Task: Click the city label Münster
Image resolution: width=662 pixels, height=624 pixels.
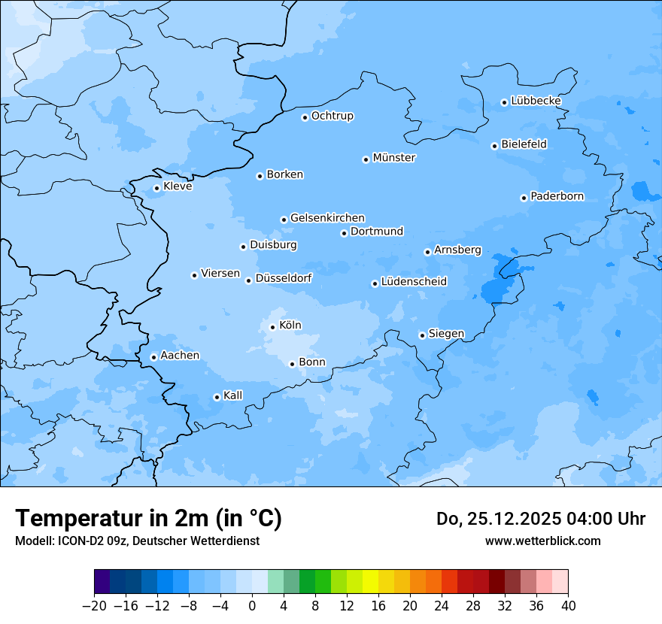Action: [394, 158]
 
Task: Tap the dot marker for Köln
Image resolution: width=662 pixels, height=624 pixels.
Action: [272, 327]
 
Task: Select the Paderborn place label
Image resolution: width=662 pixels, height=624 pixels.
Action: [557, 197]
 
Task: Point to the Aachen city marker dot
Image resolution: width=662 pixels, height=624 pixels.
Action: [153, 357]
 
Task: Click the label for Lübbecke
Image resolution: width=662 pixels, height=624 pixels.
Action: [536, 101]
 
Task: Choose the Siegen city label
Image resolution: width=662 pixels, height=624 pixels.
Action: [446, 334]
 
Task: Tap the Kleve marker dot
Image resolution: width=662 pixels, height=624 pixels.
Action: [156, 188]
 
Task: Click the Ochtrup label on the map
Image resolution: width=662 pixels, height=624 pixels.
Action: [332, 116]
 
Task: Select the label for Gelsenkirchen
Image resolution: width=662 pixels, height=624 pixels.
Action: [327, 218]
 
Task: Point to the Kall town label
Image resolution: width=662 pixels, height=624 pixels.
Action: [233, 395]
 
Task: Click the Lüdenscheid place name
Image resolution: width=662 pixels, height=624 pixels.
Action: [414, 282]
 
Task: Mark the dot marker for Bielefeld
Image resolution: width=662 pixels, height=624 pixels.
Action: [494, 146]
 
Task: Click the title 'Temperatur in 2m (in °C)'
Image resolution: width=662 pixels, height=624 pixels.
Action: [149, 519]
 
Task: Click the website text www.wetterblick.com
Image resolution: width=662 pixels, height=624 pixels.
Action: [542, 541]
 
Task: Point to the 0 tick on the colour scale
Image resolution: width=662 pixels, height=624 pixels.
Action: [252, 606]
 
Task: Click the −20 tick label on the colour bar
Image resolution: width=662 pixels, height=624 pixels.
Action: [95, 606]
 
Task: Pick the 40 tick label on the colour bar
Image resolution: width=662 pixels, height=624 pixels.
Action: [567, 606]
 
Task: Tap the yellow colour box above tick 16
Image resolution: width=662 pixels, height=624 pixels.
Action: [370, 582]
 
